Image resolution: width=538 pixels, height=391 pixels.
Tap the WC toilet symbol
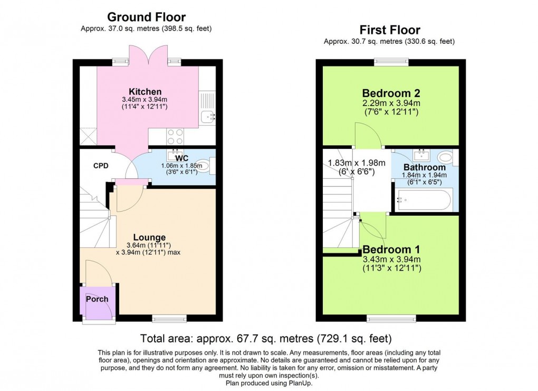click(x=210, y=167)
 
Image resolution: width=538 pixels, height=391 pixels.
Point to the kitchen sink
click(x=207, y=117)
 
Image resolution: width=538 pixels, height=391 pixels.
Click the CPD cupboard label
click(x=101, y=166)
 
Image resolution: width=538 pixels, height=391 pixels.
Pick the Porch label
click(x=97, y=299)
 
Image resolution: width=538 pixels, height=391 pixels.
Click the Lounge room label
click(x=149, y=237)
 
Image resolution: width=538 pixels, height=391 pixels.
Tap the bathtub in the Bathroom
click(x=424, y=201)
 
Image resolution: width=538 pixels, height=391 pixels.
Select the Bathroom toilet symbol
click(x=445, y=157)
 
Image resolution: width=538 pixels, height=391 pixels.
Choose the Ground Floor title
click(x=147, y=17)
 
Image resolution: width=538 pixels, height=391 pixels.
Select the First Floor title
click(x=390, y=30)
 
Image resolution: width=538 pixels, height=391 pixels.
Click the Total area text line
click(x=265, y=338)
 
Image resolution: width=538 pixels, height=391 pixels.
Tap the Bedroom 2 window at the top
click(x=391, y=62)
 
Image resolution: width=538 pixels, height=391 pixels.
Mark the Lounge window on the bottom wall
click(x=169, y=318)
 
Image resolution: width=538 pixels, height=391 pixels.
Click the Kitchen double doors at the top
click(x=147, y=55)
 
